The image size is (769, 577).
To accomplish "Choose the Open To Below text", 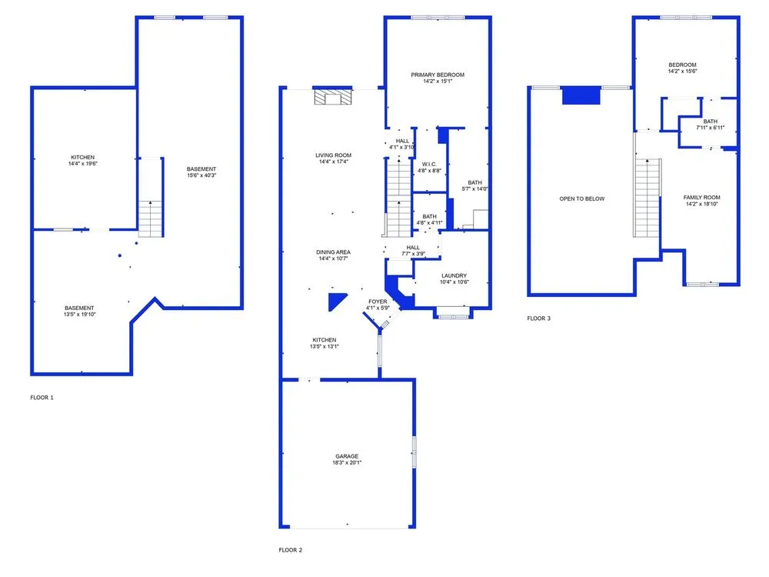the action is coord(582,198).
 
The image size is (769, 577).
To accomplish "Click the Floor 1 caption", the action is coord(42,398).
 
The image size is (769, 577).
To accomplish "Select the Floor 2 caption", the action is coord(291,550).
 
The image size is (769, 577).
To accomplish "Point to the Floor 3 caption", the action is coord(538,319).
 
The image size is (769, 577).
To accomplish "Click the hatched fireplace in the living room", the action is coord(333,97).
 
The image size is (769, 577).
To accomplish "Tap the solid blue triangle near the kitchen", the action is coord(336,300).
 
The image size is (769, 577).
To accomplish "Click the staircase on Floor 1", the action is coord(150,218).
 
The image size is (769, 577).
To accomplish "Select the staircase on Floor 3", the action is coord(647,198).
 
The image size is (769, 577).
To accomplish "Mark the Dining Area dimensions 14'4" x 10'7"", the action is coord(334,258).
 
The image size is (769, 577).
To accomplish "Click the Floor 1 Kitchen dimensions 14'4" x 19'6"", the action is coord(83,163).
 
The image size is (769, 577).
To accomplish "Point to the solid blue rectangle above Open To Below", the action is coord(581,95).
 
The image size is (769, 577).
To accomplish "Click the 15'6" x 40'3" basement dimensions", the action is coord(201,175).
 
